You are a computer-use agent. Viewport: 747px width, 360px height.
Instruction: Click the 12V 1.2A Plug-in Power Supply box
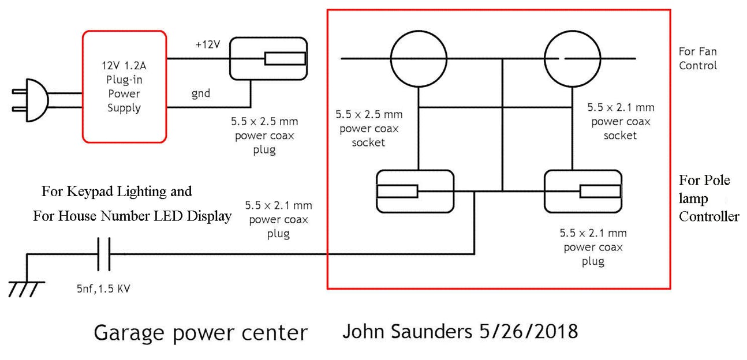coord(124,87)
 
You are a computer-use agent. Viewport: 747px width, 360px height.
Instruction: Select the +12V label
coord(207,44)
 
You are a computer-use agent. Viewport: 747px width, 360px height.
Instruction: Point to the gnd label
coord(201,93)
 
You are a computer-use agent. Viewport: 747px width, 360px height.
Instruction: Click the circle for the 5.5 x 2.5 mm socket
coord(419,58)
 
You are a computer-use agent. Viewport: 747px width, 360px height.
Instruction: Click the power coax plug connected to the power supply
coord(268,59)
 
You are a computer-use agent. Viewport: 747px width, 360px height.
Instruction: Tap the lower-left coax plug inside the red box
coord(414,191)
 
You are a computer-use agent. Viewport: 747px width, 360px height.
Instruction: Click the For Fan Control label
coord(697,58)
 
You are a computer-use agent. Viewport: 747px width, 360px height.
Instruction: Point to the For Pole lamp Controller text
coord(708,198)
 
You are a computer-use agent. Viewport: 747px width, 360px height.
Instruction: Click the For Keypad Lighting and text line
coord(117,191)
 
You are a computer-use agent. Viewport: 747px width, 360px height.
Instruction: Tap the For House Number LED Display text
coord(132,216)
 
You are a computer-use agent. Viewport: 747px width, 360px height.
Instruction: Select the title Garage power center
coord(200,333)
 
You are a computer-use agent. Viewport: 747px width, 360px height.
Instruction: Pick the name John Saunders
coord(408,331)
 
